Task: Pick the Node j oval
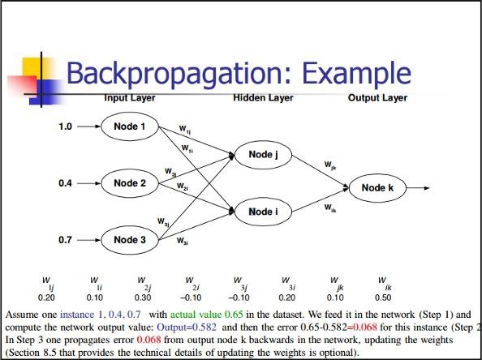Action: coord(264,155)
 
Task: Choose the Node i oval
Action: coord(264,212)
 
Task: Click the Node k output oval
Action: coord(377,187)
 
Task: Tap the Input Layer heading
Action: coord(130,98)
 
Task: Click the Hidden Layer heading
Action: coord(263,98)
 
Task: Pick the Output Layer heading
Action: coord(377,98)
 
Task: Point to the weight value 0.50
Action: coord(381,296)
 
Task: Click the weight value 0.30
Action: coord(142,296)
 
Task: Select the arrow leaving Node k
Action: coord(417,187)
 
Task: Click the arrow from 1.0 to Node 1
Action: coord(87,127)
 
